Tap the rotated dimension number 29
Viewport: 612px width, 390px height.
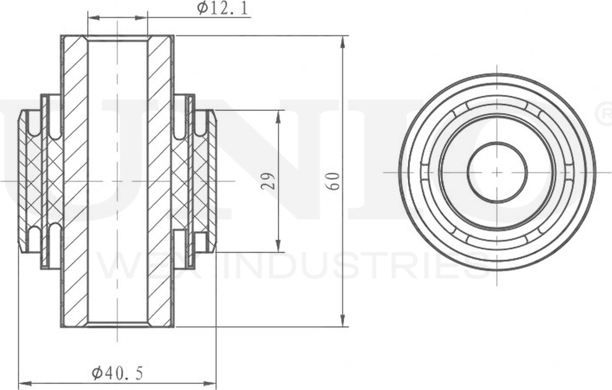tap(268, 181)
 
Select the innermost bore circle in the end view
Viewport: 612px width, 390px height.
tap(497, 172)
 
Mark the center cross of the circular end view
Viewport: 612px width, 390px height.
tap(497, 172)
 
